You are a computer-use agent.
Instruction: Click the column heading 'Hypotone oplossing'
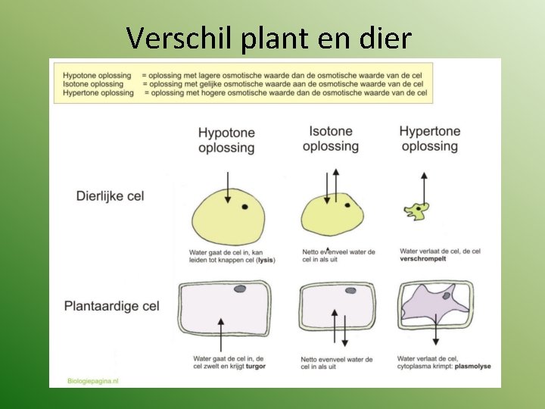(x=226, y=140)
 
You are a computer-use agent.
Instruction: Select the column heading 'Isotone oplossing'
(x=331, y=138)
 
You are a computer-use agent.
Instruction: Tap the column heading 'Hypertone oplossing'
(x=429, y=139)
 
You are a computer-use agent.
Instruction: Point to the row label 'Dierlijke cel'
(x=110, y=196)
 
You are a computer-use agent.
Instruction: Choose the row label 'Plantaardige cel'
(x=111, y=306)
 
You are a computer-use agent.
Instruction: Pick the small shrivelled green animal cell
(x=416, y=210)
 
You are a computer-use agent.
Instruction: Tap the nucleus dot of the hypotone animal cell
(x=244, y=207)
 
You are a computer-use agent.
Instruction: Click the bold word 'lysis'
(x=265, y=260)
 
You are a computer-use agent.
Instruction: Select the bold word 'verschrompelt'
(x=423, y=259)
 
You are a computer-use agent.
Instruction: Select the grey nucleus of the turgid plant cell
(x=240, y=289)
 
